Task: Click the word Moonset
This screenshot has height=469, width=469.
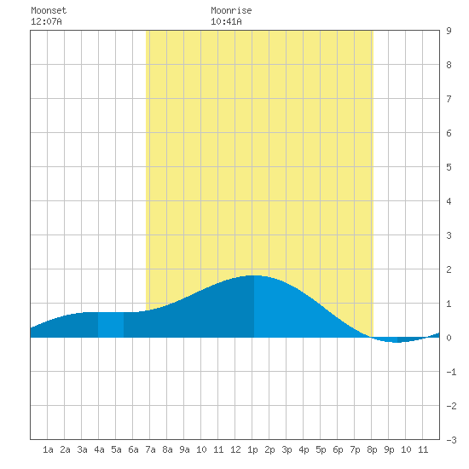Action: coord(49,10)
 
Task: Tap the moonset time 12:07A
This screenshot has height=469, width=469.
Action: coord(46,21)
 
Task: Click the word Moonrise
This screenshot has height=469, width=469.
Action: coord(231,10)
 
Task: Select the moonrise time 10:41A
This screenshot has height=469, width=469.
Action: coord(226,21)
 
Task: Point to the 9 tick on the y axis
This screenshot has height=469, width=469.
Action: coord(449,31)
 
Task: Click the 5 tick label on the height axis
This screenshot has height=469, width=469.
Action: coord(449,167)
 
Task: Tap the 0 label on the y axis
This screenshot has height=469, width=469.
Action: coord(449,338)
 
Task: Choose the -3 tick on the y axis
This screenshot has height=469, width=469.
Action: coord(452,440)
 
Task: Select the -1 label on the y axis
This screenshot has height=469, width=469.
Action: coord(452,372)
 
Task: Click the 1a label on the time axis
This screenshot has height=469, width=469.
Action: coord(48,449)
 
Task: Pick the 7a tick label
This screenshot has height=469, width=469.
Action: coord(150,449)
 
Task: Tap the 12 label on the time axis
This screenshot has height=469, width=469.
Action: coord(235,449)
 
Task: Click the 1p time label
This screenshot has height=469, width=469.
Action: coord(252,449)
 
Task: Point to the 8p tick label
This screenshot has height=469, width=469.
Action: coord(372,449)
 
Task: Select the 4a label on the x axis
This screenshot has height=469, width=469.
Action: coord(99,449)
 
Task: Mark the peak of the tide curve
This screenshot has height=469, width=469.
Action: coord(253,275)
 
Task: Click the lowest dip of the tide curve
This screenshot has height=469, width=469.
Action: coord(397,342)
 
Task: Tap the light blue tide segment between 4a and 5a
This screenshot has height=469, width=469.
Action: coord(111,325)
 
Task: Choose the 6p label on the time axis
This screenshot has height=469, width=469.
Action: coord(338,449)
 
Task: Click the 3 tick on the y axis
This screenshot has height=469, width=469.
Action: coord(449,235)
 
